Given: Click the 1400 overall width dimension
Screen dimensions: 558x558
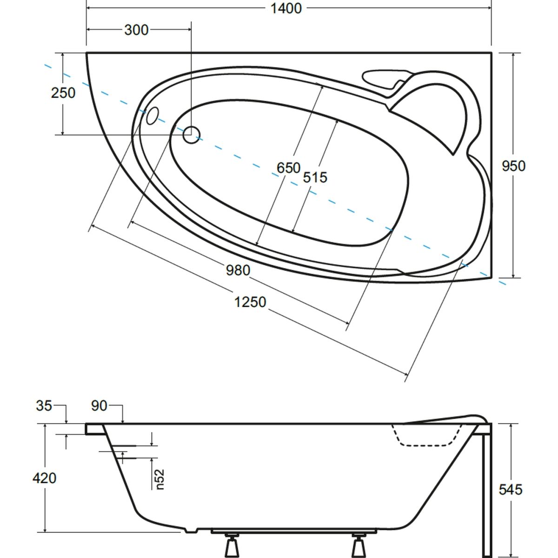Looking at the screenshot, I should click(x=287, y=8).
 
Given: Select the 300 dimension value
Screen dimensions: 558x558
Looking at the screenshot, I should click(x=136, y=30).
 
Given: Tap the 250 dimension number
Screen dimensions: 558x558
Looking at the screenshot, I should click(x=63, y=93).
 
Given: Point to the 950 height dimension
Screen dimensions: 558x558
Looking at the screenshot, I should click(x=513, y=166).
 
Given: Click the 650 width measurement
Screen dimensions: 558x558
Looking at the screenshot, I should click(x=288, y=167).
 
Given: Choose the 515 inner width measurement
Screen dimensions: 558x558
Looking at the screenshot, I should click(x=315, y=177).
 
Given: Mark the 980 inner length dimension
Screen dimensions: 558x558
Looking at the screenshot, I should click(x=238, y=270).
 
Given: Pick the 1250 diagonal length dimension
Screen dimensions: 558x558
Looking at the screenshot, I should click(x=250, y=302).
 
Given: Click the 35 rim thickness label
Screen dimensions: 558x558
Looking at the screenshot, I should click(x=44, y=406).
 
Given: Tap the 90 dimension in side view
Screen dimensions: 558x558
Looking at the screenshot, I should click(x=99, y=406).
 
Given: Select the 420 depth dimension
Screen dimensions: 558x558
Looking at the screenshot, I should click(x=45, y=478).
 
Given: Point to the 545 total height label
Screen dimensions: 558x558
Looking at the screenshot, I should click(x=510, y=489).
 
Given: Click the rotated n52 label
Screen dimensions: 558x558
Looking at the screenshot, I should click(x=160, y=479).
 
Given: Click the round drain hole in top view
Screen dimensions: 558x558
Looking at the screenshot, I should click(x=191, y=135).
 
